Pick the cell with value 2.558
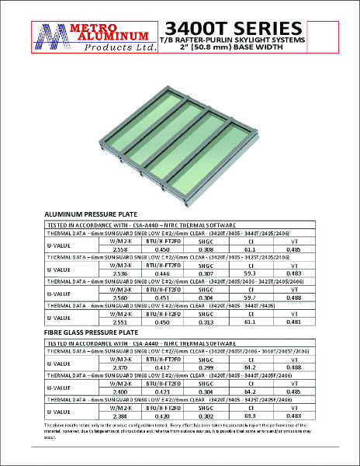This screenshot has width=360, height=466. [x=120, y=248]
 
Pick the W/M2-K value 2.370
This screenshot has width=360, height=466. [x=120, y=367]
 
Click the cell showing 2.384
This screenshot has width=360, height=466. [x=120, y=416]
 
